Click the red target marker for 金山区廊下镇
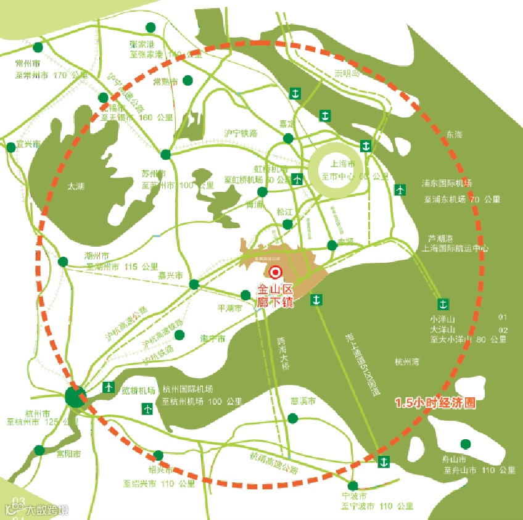point(276,272)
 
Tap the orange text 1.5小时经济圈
point(435,404)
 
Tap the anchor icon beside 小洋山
point(442,303)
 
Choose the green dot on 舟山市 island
point(465,444)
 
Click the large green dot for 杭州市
point(76,397)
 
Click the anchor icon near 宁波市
point(383,461)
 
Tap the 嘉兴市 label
point(170,277)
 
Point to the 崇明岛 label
point(347,74)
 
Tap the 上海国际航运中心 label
point(454,249)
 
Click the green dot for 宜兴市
point(10,147)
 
